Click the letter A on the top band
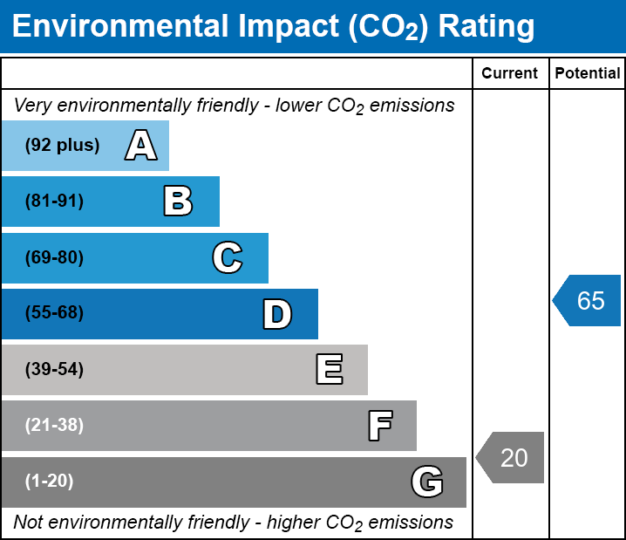(141, 146)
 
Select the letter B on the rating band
(178, 202)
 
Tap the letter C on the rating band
(228, 257)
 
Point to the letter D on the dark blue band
(277, 314)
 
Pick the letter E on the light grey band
(329, 370)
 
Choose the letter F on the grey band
(379, 426)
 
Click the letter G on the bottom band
(427, 482)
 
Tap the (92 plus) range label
(62, 146)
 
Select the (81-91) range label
(54, 202)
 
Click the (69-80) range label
(54, 257)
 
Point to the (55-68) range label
(54, 313)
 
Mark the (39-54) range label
(54, 370)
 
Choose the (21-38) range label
(54, 426)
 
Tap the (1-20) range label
(50, 482)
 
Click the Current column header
(510, 73)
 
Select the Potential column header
(588, 73)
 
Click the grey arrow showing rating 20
(511, 457)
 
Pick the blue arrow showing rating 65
(588, 301)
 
